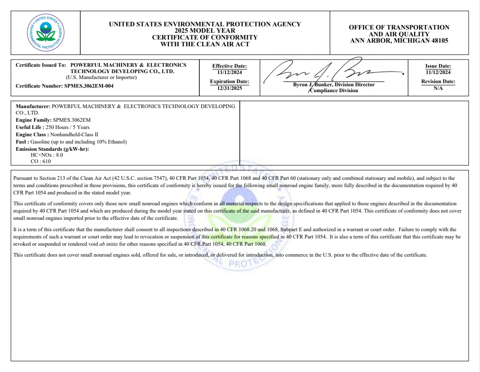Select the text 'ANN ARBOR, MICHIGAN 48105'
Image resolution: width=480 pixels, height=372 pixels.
(399, 40)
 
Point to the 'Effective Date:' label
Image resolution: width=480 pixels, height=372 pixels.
(229, 66)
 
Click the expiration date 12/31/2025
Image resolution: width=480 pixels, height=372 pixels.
(229, 88)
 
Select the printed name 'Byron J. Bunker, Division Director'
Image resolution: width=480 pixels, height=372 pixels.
(334, 84)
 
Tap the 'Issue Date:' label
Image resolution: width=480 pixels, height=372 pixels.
(438, 66)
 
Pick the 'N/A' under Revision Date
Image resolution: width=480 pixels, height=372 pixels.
(438, 88)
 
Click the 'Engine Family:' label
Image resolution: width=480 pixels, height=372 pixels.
(34, 119)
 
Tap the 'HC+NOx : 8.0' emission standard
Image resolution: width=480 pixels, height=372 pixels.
(46, 155)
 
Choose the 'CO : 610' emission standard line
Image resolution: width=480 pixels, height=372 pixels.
(40, 161)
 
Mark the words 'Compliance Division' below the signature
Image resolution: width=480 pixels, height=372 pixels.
(334, 90)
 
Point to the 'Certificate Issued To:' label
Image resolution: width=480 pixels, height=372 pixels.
(41, 65)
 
